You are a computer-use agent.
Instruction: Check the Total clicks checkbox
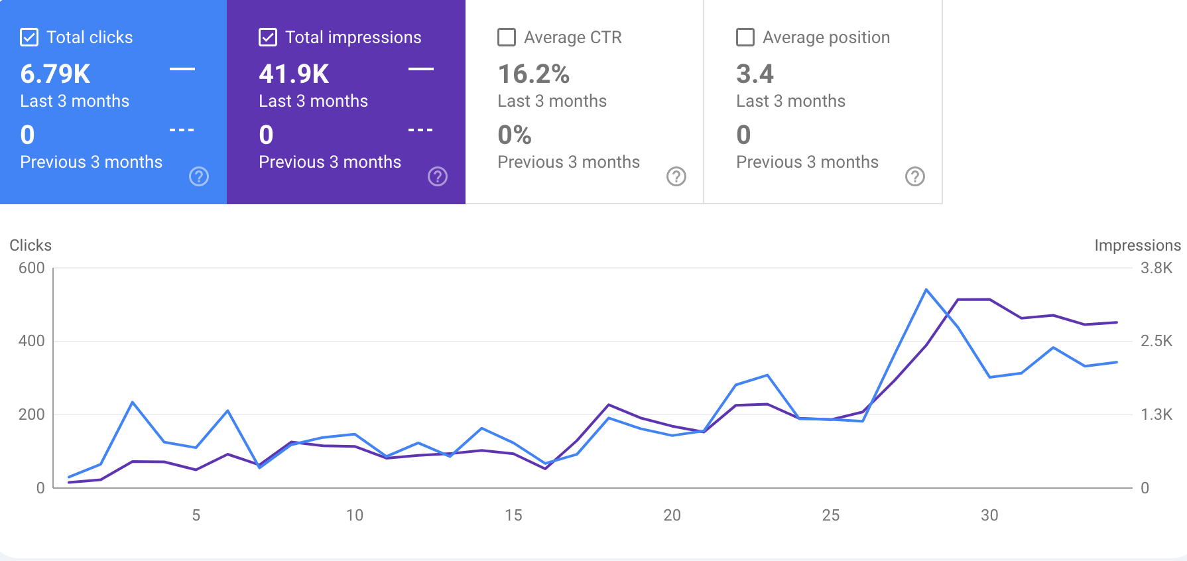29,37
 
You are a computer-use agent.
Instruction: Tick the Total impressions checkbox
268,37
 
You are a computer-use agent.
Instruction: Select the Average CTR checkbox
507,37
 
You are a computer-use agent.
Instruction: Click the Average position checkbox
745,37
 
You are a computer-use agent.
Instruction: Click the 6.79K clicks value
55,74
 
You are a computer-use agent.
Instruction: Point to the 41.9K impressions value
294,74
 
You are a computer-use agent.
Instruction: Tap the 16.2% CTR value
534,74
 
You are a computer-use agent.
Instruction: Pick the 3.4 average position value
755,74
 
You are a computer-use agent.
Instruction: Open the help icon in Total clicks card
199,176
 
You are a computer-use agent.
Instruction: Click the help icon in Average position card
915,176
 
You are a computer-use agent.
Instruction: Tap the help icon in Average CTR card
676,176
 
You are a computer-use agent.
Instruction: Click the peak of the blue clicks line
926,290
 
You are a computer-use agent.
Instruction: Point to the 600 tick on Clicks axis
32,268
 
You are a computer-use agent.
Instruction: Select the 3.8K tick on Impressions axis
1156,268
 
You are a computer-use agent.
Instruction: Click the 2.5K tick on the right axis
1156,341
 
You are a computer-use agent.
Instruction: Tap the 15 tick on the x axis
513,515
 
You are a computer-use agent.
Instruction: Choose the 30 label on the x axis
989,515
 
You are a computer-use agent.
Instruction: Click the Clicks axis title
31,245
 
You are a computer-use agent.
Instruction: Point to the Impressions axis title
1137,245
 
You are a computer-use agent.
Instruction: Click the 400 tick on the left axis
32,341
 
